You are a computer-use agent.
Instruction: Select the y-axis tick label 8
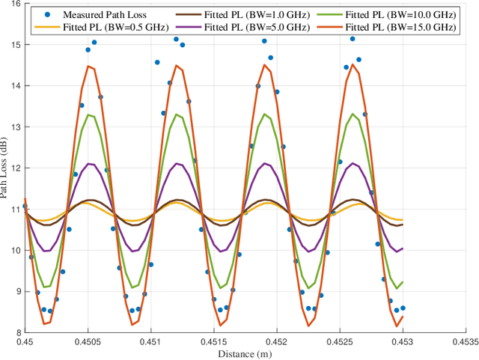19,332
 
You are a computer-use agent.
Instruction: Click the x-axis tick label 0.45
25,341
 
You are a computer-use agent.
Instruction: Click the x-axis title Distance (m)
245,353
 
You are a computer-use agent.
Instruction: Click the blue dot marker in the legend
39,14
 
